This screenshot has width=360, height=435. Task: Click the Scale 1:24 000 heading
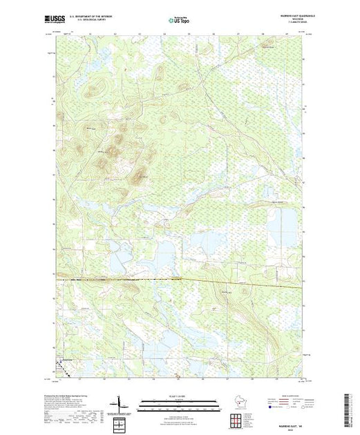[179, 396]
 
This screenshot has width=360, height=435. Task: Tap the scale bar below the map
[179, 403]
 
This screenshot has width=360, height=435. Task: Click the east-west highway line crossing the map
[179, 280]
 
